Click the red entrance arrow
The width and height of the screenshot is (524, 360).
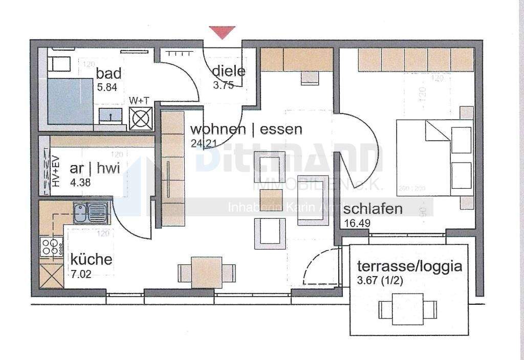(x=222, y=33)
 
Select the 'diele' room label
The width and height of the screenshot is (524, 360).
(x=229, y=71)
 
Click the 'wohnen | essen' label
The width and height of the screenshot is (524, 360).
(x=246, y=129)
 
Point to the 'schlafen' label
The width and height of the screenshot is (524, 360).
(x=373, y=209)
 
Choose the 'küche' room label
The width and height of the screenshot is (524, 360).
(x=92, y=258)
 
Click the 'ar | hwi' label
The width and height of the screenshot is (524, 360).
(x=95, y=169)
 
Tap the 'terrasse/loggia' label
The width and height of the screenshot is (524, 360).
(x=409, y=266)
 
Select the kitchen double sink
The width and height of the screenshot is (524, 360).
(x=91, y=213)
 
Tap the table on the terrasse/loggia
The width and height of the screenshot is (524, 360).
(x=408, y=308)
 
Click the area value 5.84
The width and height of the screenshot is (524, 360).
(x=107, y=87)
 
